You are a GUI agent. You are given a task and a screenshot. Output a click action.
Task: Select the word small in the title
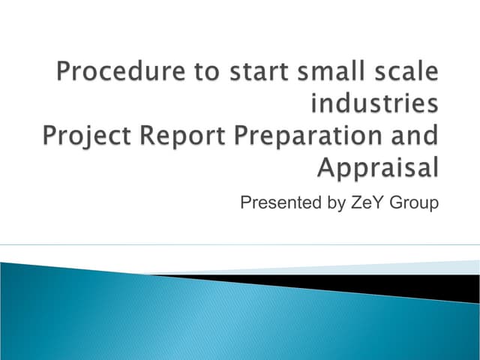pos(324,73)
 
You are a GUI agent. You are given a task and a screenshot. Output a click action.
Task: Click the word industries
pos(374,104)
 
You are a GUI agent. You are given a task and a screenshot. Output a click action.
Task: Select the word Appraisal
pos(378,168)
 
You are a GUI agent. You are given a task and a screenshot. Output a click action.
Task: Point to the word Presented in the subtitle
pos(279,202)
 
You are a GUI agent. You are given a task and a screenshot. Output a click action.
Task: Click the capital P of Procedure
pos(65,73)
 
